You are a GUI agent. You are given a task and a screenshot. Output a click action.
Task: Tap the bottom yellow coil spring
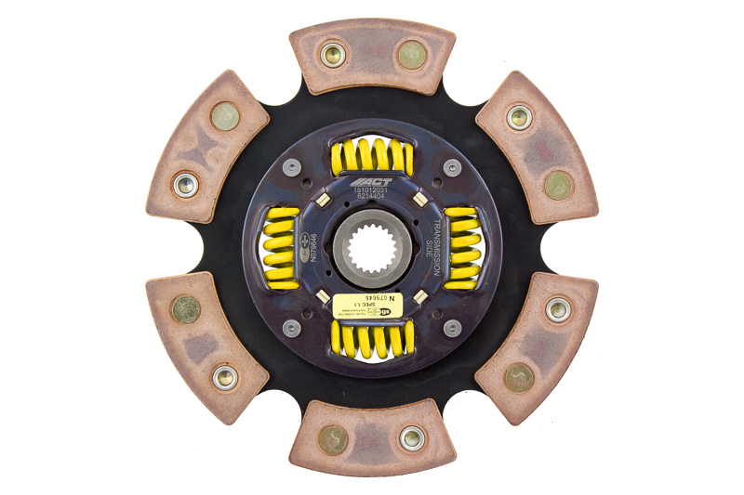(371, 340)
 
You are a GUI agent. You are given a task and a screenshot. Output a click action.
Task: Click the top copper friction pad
(372, 56)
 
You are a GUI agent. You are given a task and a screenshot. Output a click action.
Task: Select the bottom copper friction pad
(372, 438)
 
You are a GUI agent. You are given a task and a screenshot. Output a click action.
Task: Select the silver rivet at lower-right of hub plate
(452, 327)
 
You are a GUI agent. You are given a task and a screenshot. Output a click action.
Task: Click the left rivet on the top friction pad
(332, 54)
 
